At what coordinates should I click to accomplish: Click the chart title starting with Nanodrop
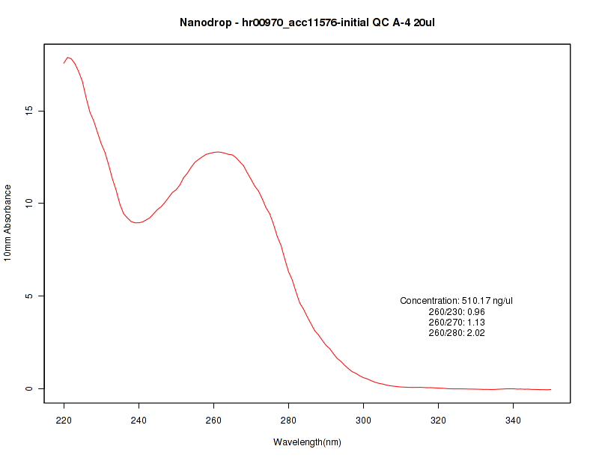coord(307,22)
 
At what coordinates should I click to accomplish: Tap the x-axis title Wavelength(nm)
coord(307,442)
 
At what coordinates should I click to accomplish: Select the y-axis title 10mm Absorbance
coord(8,222)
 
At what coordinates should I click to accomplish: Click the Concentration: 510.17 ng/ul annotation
coord(457,301)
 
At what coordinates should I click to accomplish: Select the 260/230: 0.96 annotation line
coord(457,311)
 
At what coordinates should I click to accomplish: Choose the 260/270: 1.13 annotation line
coord(457,323)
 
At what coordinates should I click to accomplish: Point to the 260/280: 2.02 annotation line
coord(457,333)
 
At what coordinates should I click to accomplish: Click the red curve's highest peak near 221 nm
coord(67,58)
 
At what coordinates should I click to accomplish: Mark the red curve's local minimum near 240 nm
coord(137,222)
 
